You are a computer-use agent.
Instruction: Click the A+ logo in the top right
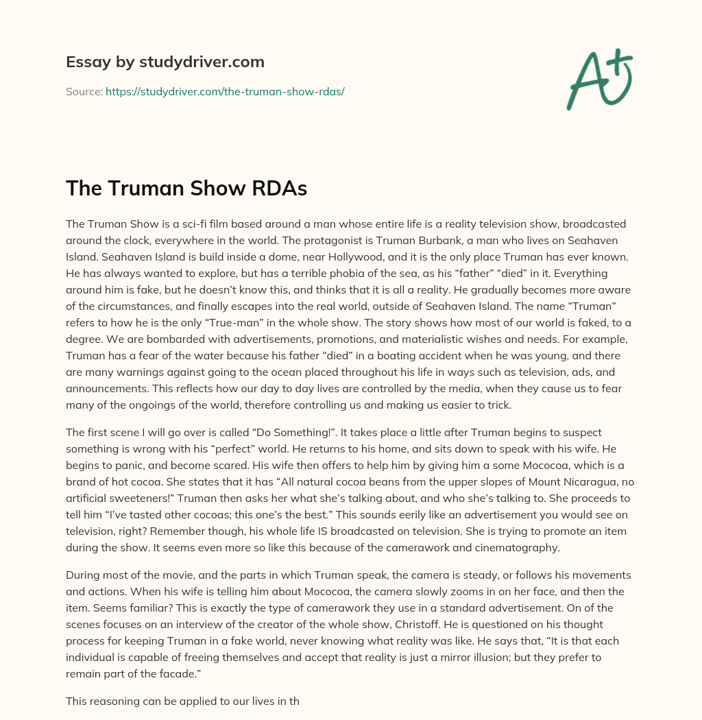(599, 79)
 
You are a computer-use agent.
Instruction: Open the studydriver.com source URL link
(224, 91)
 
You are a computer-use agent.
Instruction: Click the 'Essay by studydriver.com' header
(165, 62)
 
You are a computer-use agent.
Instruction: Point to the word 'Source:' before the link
(84, 91)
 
